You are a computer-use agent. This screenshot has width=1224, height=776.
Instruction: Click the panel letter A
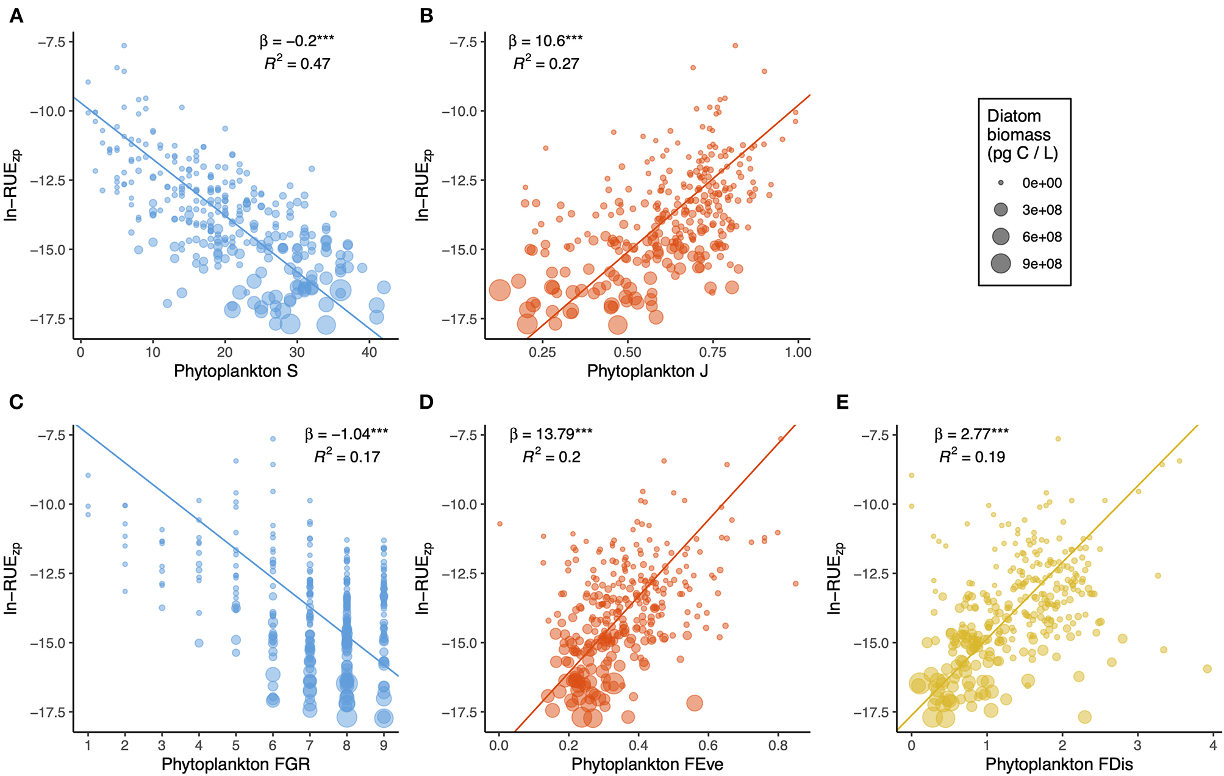(16, 16)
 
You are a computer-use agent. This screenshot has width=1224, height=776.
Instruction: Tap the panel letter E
(842, 402)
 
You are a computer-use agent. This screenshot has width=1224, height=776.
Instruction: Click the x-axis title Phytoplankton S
(235, 371)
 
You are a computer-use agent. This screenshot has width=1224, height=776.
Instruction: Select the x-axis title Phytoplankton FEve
(647, 764)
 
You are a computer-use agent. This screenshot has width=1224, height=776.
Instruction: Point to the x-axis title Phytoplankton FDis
(1059, 764)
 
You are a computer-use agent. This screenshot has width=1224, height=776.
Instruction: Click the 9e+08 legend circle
(1001, 264)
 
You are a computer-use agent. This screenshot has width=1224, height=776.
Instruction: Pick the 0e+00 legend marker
(1001, 183)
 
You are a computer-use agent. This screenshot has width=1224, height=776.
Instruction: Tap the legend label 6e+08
(1042, 237)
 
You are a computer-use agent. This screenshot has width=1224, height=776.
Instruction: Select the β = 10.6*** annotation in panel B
(545, 41)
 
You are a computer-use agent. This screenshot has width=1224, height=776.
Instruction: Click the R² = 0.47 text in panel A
(297, 63)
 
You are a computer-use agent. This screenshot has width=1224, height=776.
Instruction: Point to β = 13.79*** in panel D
(551, 434)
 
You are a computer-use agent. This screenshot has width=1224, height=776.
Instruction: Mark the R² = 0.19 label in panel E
(972, 456)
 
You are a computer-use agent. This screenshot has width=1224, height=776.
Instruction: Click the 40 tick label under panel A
(369, 352)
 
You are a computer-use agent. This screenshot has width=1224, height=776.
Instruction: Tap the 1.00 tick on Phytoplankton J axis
(798, 352)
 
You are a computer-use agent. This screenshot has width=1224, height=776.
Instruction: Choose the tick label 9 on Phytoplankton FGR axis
(384, 745)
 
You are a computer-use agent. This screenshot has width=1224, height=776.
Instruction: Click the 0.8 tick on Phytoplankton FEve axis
(778, 745)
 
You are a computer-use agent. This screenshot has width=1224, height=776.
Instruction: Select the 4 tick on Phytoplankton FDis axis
(1213, 745)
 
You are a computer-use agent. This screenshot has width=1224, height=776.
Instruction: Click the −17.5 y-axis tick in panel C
(51, 712)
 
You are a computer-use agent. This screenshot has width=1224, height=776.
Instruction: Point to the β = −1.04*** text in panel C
(346, 434)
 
